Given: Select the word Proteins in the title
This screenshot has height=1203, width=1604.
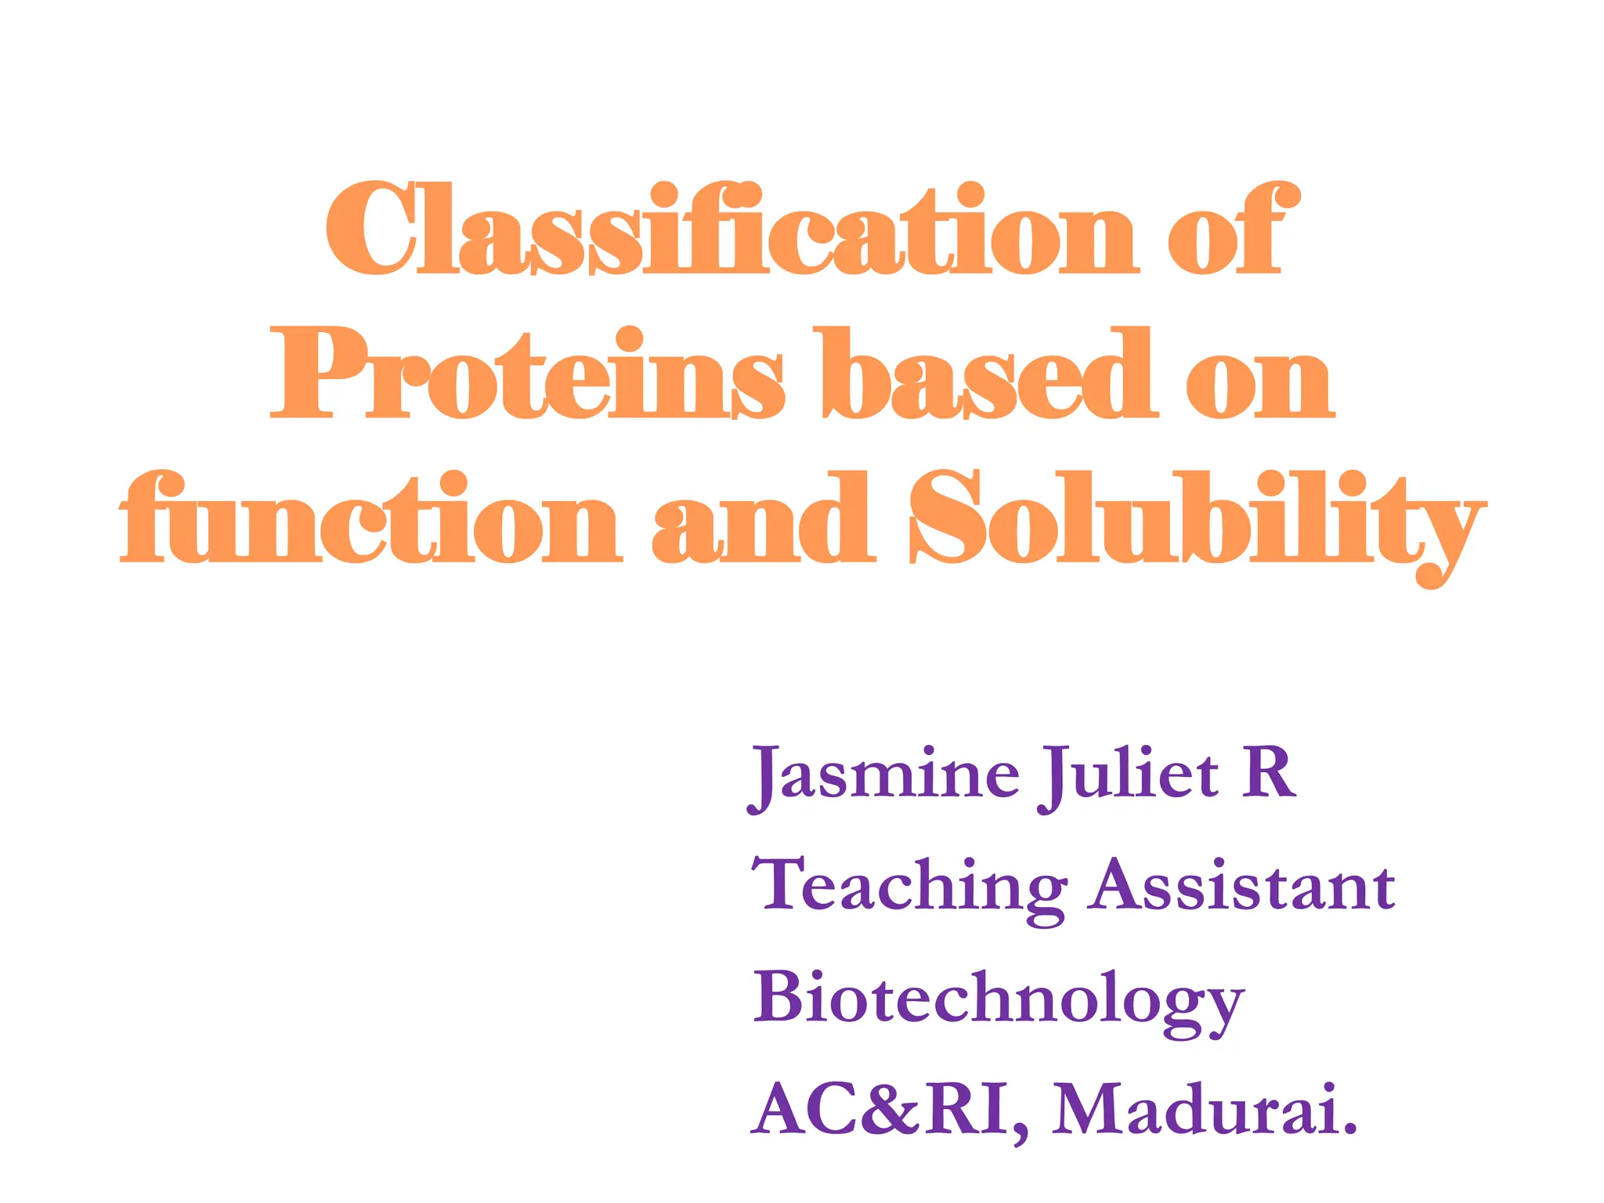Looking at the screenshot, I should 526,374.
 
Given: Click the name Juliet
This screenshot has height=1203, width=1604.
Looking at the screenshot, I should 1129,775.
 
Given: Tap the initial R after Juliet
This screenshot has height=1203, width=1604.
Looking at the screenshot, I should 1268,774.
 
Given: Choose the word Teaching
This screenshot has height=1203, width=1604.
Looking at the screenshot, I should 909,887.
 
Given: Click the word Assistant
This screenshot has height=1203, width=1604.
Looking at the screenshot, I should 1243,886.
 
